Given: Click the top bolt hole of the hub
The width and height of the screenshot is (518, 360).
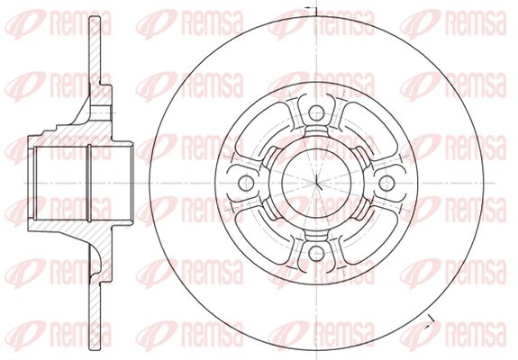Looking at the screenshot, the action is point(316,113).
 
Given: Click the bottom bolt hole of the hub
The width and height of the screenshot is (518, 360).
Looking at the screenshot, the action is point(316,253).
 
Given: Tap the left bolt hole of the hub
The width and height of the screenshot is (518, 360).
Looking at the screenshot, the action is point(246,183).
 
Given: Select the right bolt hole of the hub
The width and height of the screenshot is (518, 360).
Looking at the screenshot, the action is point(386,183).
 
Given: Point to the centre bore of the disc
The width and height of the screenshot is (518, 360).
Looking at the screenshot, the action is point(316,183).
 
